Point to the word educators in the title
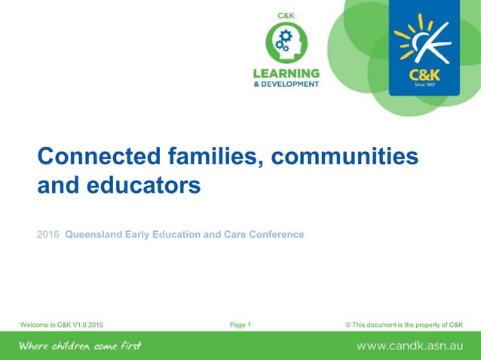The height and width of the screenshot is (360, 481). pyautogui.click(x=142, y=185)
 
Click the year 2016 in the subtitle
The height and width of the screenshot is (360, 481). pyautogui.click(x=48, y=234)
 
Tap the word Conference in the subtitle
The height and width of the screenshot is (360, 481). pyautogui.click(x=276, y=234)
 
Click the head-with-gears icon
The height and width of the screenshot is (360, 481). pyautogui.click(x=286, y=44)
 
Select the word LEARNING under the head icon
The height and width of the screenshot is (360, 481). pyautogui.click(x=286, y=73)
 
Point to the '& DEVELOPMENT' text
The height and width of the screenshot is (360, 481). pyautogui.click(x=286, y=84)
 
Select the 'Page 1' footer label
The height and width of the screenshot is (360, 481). pyautogui.click(x=240, y=325)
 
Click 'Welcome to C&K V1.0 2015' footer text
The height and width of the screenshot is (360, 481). pyautogui.click(x=62, y=325)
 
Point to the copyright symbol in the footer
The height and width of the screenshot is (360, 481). pyautogui.click(x=348, y=325)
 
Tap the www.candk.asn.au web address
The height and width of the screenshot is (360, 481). pyautogui.click(x=409, y=346)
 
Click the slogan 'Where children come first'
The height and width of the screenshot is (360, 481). pyautogui.click(x=80, y=346)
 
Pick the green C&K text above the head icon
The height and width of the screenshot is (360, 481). pyautogui.click(x=286, y=15)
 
